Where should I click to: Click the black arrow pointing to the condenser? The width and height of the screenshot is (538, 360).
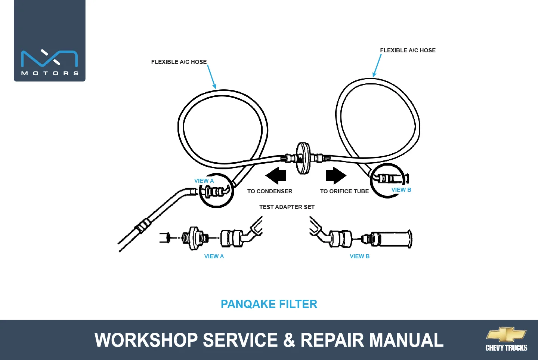tap(276, 176)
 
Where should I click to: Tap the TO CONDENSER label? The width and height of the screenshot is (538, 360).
tap(270, 191)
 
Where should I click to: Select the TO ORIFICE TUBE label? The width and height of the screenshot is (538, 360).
tap(344, 191)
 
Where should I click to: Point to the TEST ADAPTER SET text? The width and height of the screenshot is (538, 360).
tap(287, 207)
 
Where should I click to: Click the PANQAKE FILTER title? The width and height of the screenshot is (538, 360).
tap(269, 304)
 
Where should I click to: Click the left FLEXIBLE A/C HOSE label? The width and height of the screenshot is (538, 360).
tap(179, 62)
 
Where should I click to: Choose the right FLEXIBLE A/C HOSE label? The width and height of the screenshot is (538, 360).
tap(408, 50)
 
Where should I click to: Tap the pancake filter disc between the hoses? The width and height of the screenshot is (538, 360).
tap(303, 158)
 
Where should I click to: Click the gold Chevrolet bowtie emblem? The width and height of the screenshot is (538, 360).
tap(507, 334)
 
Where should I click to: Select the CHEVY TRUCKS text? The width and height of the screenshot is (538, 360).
tap(506, 348)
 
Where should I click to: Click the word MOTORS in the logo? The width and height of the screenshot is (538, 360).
tap(50, 73)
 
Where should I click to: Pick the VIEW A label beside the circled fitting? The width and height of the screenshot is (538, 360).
tap(204, 181)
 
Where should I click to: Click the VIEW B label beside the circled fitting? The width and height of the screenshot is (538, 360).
tap(401, 190)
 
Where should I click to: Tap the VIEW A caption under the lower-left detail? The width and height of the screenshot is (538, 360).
tap(214, 256)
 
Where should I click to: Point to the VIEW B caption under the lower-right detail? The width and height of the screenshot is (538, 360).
tap(359, 256)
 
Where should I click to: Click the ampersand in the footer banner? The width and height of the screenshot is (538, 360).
tap(289, 340)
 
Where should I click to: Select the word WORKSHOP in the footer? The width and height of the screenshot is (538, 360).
tap(146, 340)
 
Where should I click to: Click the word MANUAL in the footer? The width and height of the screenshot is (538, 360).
tap(406, 340)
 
